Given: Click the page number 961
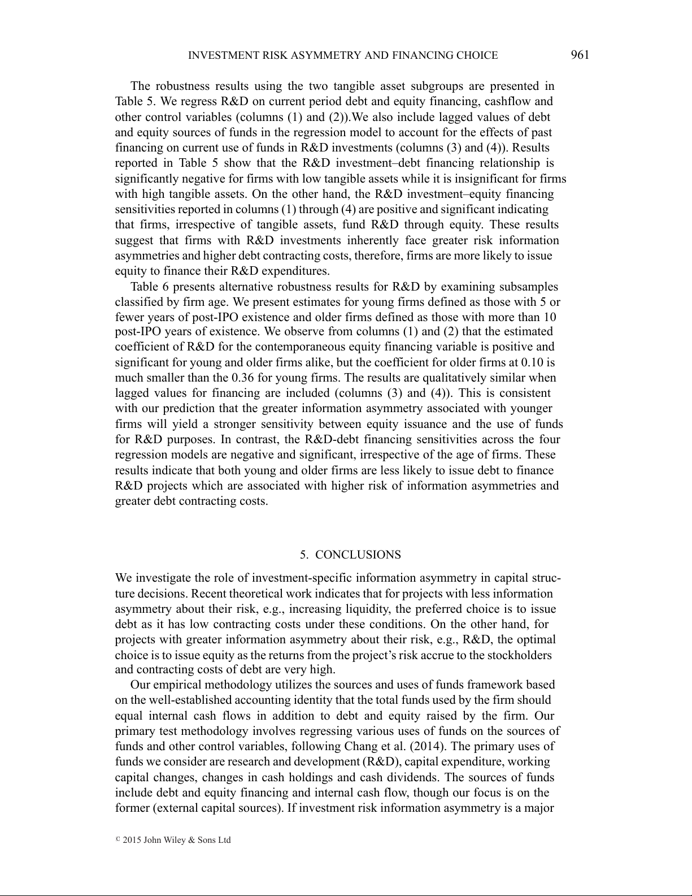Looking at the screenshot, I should (580, 55).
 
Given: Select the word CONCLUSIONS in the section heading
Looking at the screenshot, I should (358, 555).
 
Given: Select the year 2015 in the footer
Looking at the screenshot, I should (132, 840).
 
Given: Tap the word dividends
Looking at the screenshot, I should (415, 777).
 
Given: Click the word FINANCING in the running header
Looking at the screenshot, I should (425, 55).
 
